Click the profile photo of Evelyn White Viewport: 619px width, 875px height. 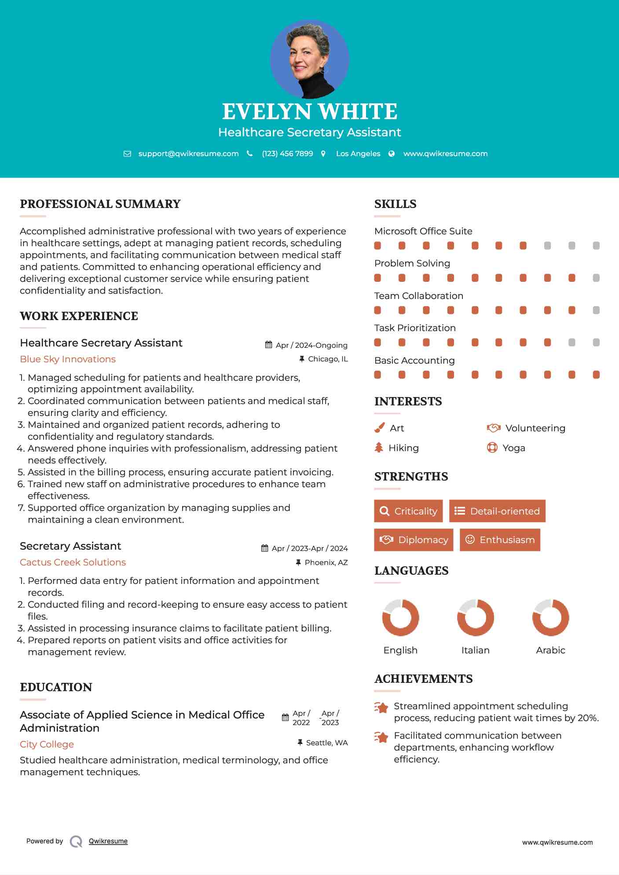coord(309,59)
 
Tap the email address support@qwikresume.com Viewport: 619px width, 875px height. coord(188,153)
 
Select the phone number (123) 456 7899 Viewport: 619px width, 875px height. coord(287,153)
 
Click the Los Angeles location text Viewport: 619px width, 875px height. coord(358,153)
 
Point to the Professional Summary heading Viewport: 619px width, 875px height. coord(100,204)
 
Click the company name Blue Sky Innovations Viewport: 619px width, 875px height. coord(68,359)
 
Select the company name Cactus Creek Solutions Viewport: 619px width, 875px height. coord(73,562)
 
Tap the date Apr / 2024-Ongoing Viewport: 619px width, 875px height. coord(311,345)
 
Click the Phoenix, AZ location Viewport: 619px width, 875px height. coord(326,562)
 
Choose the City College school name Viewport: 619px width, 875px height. coord(47,744)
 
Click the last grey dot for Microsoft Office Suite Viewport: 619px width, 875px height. coord(596,246)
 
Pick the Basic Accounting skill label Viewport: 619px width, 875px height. coord(414,361)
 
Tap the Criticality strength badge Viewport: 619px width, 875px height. coord(408,511)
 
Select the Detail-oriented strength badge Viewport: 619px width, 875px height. coord(497,511)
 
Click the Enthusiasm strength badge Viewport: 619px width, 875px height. coord(500,540)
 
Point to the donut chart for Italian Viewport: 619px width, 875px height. coord(475,617)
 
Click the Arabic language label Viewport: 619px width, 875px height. coord(550,650)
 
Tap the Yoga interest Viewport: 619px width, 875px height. coord(513,448)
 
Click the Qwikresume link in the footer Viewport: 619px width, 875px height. coord(108,841)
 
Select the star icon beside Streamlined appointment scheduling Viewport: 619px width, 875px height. coord(381,707)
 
